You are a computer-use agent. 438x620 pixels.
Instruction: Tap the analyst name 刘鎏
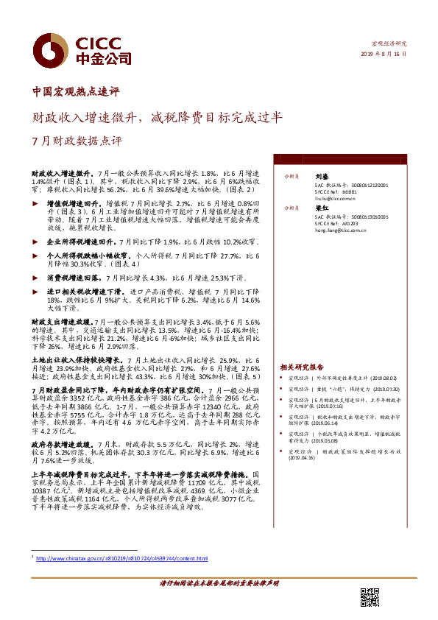point(322,177)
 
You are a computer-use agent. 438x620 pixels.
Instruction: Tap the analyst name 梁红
point(322,208)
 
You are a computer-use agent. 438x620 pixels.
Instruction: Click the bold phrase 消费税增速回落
point(73,278)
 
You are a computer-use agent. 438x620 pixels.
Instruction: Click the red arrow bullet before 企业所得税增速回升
point(40,241)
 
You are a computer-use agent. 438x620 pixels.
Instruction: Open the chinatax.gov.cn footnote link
point(122,560)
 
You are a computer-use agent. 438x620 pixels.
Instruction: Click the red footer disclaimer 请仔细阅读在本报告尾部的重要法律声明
point(219,582)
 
